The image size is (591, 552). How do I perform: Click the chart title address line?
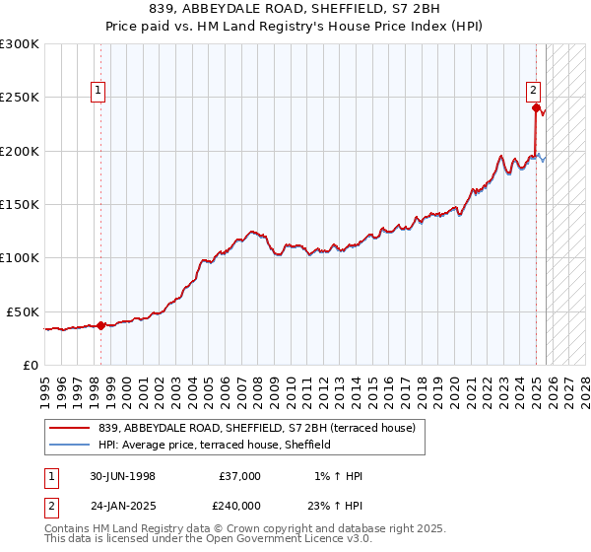(295, 9)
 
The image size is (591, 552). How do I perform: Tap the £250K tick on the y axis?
(20, 98)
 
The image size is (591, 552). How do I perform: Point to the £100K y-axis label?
(20, 257)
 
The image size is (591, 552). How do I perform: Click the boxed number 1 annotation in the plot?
(99, 93)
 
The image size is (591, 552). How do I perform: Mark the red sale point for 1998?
(101, 325)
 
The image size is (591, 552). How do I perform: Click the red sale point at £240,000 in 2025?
(536, 108)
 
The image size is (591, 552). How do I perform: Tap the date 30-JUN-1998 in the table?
(122, 476)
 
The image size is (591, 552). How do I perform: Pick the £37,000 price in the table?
(239, 476)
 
